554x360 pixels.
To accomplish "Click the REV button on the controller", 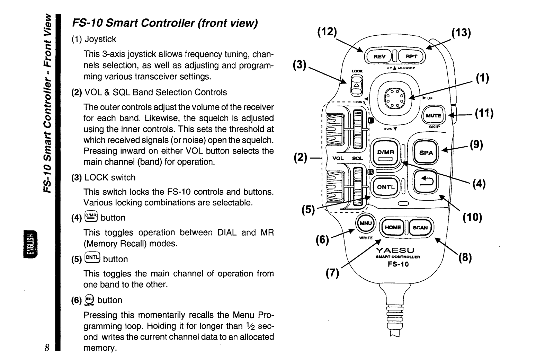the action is click(379, 56).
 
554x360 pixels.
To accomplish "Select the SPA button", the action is click(426, 152).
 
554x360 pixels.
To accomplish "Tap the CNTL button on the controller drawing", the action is click(386, 187).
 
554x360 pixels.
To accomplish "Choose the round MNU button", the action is click(366, 223).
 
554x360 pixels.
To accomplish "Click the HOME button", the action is click(393, 227).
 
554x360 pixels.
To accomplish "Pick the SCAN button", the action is click(420, 227).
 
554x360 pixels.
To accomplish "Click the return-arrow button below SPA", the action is click(426, 181).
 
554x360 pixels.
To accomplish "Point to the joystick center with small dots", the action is click(395, 98).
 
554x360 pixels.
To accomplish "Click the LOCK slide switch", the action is click(357, 86).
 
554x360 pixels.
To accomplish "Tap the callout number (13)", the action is click(461, 33).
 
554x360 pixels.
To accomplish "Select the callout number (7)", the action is click(332, 273).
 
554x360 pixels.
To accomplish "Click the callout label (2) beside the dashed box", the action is click(300, 157).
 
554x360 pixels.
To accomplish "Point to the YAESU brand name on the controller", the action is click(395, 251).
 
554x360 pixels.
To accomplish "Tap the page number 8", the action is click(47, 348).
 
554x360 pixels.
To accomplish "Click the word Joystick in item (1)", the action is click(100, 39).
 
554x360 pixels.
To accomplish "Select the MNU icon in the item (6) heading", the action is click(89, 300).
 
